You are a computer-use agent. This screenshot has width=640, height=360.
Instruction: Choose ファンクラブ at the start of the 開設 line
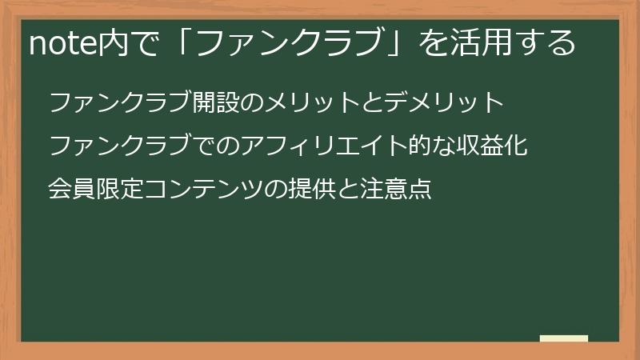point(120,103)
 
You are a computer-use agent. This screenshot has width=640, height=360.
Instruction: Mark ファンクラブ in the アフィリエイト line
point(120,147)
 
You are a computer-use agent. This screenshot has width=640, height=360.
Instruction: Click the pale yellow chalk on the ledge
point(563,338)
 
